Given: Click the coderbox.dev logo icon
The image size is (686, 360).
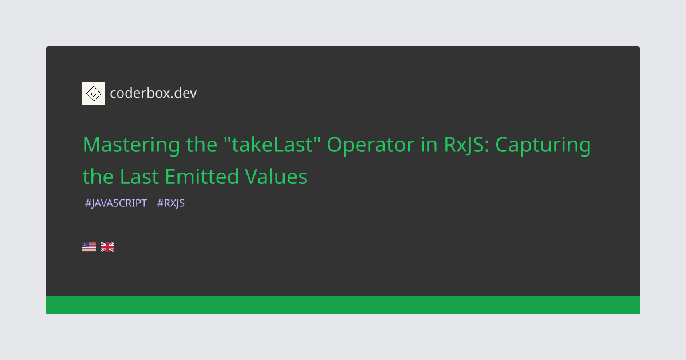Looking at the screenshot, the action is click(94, 94).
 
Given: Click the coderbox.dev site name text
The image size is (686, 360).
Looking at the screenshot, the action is click(153, 93).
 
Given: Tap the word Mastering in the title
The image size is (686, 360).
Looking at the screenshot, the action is click(131, 145).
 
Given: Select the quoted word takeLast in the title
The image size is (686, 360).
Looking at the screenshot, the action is click(272, 144).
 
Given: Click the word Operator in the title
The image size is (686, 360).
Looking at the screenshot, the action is click(370, 145).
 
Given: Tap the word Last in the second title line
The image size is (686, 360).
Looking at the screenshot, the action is click(139, 177).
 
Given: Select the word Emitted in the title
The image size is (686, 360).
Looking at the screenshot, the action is click(202, 177).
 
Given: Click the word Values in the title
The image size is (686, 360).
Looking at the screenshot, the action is click(276, 177).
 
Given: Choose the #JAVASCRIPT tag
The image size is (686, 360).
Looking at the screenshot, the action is click(116, 203).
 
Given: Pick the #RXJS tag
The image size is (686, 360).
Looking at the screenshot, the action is click(171, 203).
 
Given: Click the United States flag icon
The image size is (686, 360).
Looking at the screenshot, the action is click(89, 247).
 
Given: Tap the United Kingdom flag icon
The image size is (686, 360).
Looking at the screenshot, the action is click(107, 247).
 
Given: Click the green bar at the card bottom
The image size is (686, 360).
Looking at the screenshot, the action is click(343, 305).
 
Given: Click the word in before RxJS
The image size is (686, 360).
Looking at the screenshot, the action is click(429, 145).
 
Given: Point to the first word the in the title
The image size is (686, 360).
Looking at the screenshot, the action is click(202, 145).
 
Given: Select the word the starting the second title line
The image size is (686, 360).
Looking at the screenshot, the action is click(98, 177).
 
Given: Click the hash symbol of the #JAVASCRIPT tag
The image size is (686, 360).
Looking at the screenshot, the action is click(88, 203).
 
